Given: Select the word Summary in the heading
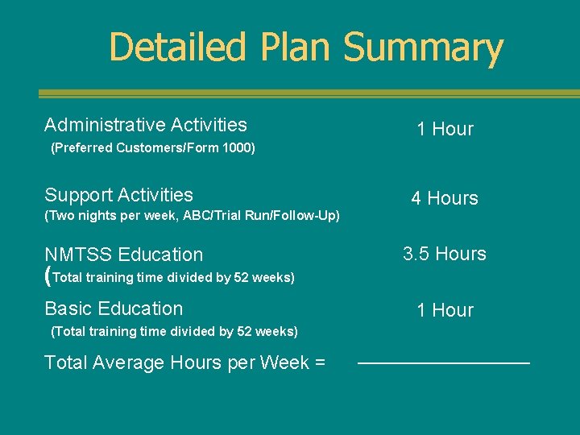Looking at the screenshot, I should tap(423, 48).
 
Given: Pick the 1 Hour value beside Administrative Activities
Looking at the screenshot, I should tap(445, 129).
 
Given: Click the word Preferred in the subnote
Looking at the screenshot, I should tap(83, 148).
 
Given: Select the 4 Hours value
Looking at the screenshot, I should tap(445, 198).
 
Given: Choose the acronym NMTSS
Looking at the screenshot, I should tap(79, 255).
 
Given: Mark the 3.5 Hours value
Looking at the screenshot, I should tap(445, 254).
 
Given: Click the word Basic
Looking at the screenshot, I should tap(67, 309).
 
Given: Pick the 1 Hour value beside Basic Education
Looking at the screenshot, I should tap(445, 310).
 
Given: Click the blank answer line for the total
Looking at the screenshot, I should tap(444, 364).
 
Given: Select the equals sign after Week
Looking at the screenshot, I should tap(320, 363).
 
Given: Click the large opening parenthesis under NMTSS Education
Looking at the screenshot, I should tap(48, 277).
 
